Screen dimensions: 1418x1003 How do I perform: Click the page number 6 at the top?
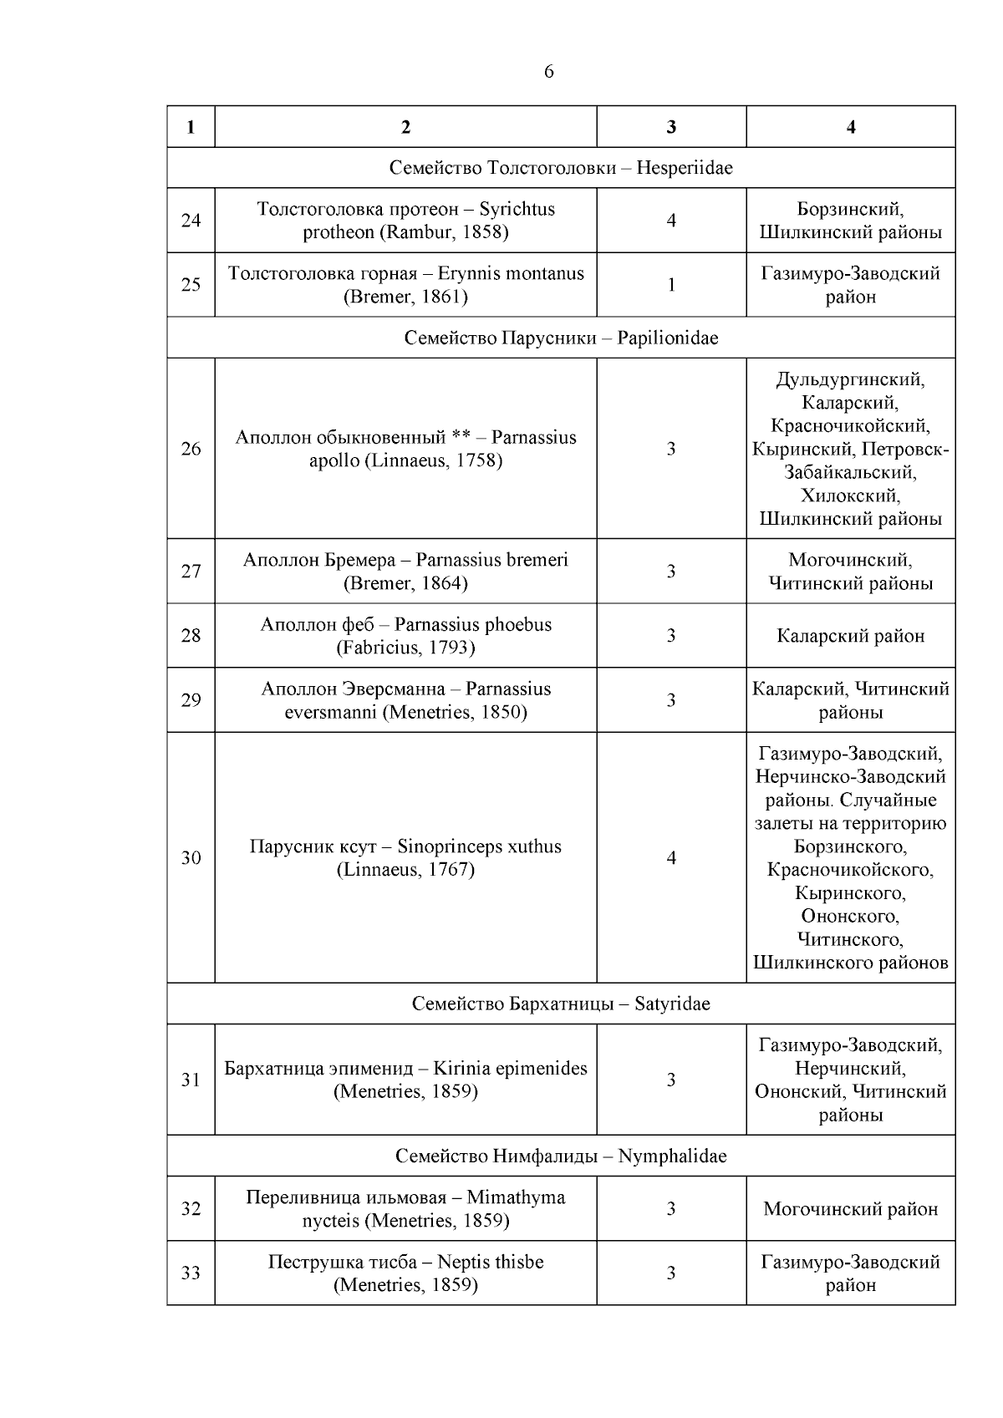click(x=548, y=72)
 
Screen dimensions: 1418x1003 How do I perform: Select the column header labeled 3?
click(x=670, y=127)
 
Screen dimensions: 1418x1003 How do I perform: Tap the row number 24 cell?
click(x=191, y=221)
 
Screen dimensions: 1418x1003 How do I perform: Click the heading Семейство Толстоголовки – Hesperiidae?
click(x=560, y=168)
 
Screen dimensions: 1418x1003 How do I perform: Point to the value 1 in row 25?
click(x=670, y=285)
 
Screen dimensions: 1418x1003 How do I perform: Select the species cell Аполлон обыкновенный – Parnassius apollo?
click(x=405, y=449)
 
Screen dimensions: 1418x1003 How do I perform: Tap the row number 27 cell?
click(x=191, y=572)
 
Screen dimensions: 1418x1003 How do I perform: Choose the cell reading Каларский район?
click(x=850, y=636)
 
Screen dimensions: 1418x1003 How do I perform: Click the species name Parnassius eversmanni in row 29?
click(x=405, y=701)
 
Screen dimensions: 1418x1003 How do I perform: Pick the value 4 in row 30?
click(x=670, y=858)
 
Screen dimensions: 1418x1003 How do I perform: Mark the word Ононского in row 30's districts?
click(x=850, y=916)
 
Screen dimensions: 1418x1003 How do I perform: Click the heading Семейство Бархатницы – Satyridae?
click(x=560, y=1004)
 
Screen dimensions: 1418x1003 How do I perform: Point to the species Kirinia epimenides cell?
click(x=405, y=1080)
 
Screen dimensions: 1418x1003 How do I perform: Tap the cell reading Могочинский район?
click(x=850, y=1209)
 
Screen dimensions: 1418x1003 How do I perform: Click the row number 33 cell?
click(x=191, y=1273)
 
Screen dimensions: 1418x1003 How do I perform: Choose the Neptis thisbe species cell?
click(x=405, y=1273)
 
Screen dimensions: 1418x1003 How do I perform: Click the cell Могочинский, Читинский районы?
click(x=850, y=572)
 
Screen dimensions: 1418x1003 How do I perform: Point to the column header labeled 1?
click(x=191, y=127)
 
